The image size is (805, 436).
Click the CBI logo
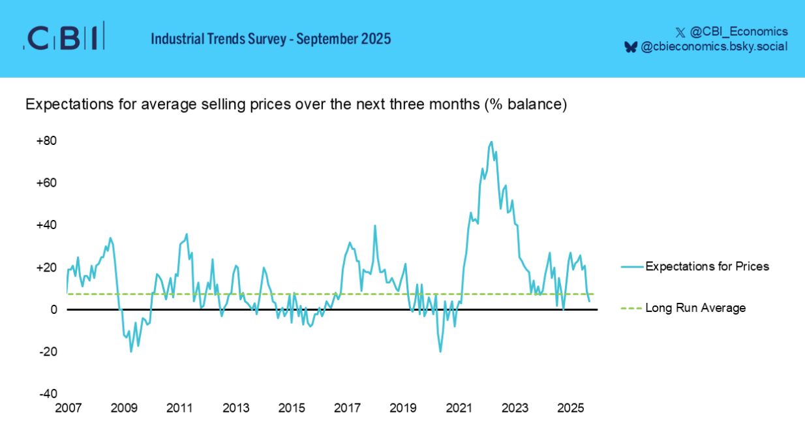[x=63, y=39]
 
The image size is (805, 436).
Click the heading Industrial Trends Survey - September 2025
[x=271, y=39]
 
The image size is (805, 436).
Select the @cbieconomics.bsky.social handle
[x=714, y=46]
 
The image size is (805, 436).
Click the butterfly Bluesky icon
[x=630, y=46]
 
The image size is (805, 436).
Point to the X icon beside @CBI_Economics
[x=680, y=31]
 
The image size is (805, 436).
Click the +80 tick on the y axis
[x=46, y=141]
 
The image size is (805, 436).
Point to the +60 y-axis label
[x=46, y=183]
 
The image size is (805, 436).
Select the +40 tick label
[x=46, y=225]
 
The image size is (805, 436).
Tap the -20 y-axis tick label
[x=48, y=352]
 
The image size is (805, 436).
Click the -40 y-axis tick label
[x=48, y=394]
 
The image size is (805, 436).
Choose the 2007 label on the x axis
[x=68, y=409]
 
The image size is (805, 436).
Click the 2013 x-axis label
[x=235, y=409]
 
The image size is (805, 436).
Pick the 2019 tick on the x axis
[x=403, y=409]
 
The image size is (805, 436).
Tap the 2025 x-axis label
[x=571, y=409]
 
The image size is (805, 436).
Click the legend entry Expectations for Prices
[x=707, y=266]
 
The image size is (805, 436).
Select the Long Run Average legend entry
[x=695, y=308]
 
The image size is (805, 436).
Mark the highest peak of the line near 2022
[x=491, y=142]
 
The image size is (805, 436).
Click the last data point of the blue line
[x=590, y=301]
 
